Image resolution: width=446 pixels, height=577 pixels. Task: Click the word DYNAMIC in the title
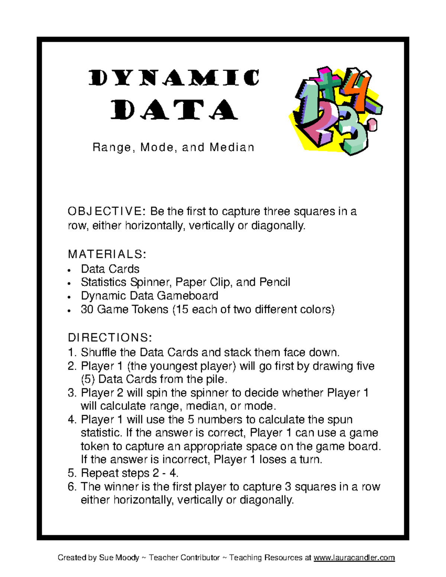[174, 78]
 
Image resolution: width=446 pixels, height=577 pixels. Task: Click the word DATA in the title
[174, 110]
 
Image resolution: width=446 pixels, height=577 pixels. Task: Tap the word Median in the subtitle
[232, 148]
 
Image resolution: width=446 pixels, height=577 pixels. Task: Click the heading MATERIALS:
[107, 255]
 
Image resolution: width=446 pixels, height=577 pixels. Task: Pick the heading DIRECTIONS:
[110, 338]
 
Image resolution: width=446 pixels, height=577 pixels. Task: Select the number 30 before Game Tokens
[87, 309]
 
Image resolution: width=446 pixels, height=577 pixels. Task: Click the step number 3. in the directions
[72, 393]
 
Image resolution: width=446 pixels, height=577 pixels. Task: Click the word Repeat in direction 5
[98, 473]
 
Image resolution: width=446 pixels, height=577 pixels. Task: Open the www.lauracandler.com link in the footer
[354, 558]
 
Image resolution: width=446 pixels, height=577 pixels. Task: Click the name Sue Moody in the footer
[119, 558]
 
